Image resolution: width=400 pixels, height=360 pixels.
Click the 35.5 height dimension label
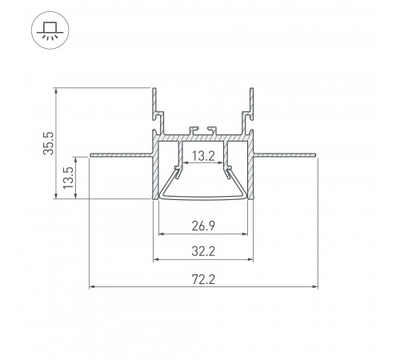(49, 142)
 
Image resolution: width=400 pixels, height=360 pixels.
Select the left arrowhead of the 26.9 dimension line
(163, 234)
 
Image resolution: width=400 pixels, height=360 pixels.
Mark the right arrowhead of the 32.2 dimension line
(253, 260)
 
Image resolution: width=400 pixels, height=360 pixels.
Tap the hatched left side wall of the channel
(155, 172)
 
